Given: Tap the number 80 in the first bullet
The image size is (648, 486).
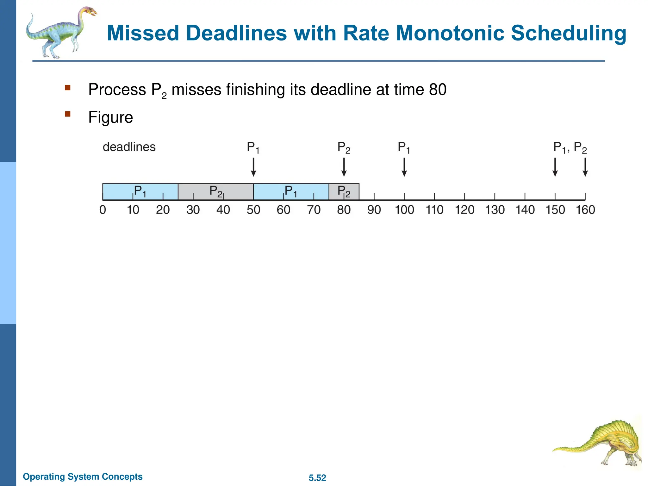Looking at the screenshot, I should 438,90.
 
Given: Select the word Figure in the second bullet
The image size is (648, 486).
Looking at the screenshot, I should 110,117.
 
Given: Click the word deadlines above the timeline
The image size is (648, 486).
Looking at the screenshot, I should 129,147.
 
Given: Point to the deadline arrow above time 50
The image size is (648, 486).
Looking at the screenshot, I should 253,167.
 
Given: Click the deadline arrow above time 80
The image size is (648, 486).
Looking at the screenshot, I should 344,167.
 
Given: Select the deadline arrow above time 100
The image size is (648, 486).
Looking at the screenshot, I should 404,167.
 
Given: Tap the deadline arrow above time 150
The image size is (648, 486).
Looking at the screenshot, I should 555,167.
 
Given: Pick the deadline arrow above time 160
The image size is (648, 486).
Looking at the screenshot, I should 585,167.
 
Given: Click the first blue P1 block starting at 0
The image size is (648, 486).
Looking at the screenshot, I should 140,192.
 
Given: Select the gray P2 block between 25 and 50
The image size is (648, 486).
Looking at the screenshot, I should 215,192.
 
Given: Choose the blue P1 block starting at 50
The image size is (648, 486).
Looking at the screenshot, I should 291,192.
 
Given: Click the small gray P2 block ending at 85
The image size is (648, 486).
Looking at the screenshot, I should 344,192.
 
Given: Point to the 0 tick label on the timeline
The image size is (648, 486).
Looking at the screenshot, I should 103,210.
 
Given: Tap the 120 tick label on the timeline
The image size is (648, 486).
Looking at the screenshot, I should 464,210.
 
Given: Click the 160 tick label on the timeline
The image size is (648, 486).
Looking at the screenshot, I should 585,210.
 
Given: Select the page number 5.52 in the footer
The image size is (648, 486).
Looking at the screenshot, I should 317,478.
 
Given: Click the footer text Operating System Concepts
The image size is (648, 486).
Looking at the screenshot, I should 83,477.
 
